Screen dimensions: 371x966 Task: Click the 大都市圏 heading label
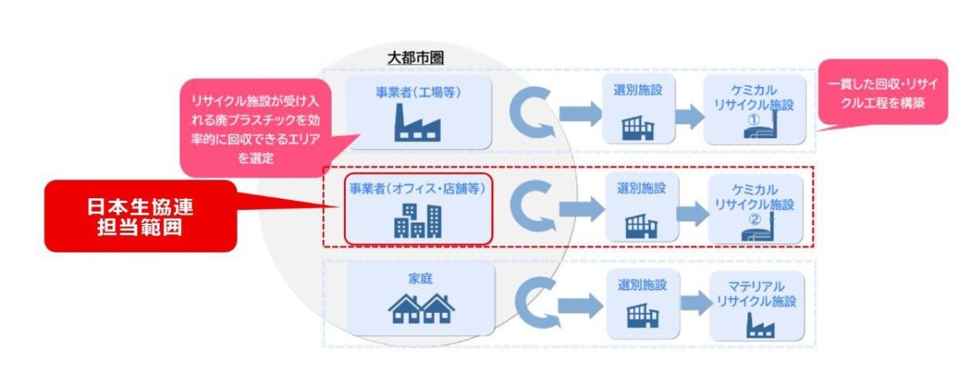415,58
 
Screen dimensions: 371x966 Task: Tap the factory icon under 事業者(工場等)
417,125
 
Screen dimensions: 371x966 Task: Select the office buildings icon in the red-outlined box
417,219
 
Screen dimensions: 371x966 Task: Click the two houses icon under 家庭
420,308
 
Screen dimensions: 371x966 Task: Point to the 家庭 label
420,278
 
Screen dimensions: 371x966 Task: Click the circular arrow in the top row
532,115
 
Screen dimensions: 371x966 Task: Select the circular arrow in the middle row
532,210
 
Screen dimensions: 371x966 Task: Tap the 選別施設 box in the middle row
642,206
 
